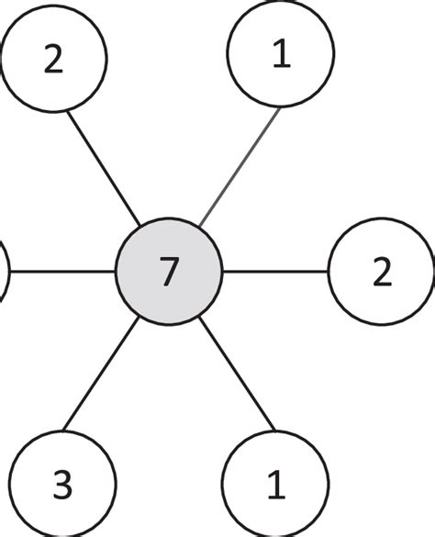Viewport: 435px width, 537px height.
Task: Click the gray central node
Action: click(x=169, y=272)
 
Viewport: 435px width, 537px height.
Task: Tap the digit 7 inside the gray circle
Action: click(x=169, y=273)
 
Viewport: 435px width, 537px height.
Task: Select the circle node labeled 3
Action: click(x=63, y=484)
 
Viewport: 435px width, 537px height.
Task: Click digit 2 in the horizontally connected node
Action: click(x=382, y=273)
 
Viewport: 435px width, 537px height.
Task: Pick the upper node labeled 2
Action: click(x=53, y=58)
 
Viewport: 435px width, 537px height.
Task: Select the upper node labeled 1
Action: click(x=280, y=56)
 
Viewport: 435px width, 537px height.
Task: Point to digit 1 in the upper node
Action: click(x=281, y=56)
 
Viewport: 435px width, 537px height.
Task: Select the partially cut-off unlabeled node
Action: click(x=3, y=272)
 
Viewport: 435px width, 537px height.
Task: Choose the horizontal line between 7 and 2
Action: click(x=275, y=272)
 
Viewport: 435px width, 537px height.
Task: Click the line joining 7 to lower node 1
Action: click(x=238, y=375)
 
